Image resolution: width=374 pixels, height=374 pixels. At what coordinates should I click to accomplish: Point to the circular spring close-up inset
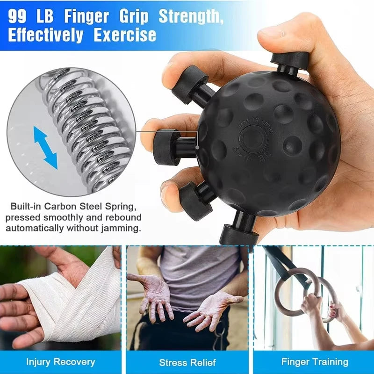70,131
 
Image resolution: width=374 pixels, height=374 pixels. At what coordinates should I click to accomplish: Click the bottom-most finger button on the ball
239,231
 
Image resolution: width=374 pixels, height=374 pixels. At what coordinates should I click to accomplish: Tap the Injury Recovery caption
60,362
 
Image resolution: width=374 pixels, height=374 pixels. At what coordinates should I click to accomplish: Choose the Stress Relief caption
187,362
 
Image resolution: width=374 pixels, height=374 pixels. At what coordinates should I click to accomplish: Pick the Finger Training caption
315,362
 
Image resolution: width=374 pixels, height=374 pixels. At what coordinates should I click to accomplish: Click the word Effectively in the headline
46,35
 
